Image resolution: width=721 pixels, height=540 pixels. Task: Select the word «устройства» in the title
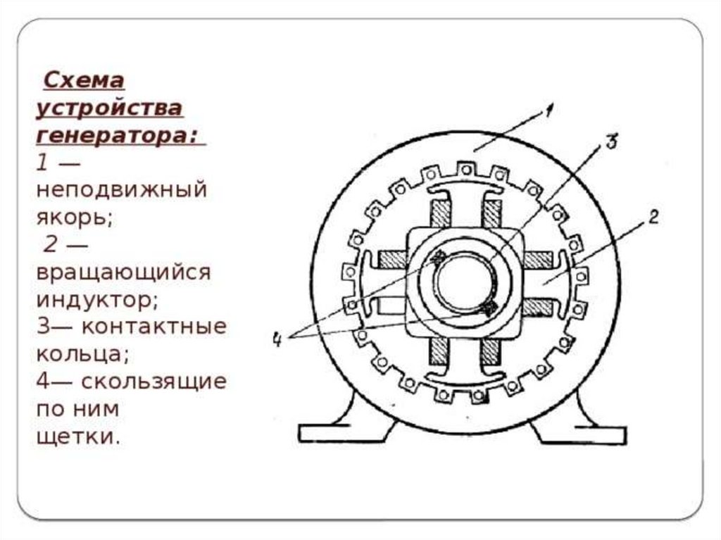110,109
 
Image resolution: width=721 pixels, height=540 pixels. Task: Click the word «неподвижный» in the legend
122,190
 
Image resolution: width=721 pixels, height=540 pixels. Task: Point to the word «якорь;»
75,218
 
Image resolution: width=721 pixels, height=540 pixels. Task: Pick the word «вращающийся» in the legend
123,273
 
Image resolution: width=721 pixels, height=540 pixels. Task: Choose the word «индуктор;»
98,299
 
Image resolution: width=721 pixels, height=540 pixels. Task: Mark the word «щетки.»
77,437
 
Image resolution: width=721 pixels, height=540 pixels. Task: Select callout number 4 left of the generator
277,339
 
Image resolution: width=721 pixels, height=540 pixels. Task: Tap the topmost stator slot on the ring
463,169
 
